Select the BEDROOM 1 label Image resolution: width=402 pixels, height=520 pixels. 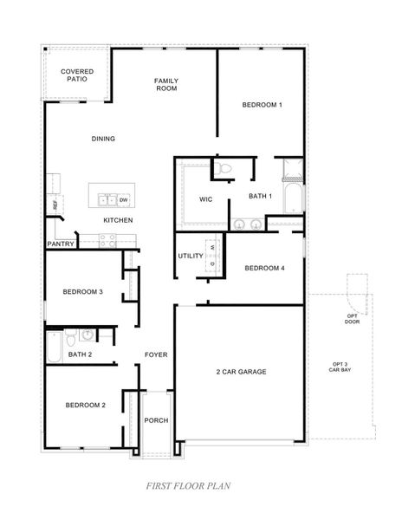(262, 105)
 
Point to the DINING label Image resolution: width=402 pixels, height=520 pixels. (103, 139)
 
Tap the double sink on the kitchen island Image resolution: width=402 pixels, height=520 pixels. (107, 199)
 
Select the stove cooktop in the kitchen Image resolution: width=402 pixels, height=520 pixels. (107, 243)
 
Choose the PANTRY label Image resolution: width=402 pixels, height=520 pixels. (60, 244)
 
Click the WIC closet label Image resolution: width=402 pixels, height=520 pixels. (205, 198)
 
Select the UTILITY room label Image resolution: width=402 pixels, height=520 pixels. (190, 256)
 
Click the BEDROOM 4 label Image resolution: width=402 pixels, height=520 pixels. (264, 269)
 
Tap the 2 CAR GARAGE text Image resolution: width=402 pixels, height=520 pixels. (241, 372)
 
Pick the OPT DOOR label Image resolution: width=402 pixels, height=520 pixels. (352, 319)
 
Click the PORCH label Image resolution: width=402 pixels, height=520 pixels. (157, 420)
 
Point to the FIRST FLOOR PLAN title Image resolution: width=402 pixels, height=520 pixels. (187, 487)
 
